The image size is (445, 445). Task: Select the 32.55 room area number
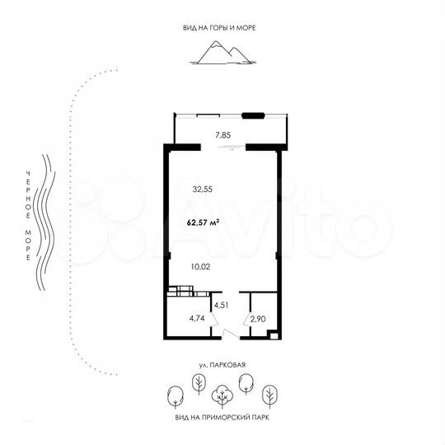point(203,189)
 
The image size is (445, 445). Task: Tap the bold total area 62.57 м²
point(203,221)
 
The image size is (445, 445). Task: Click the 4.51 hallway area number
point(222,305)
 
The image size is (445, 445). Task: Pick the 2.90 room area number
point(257,317)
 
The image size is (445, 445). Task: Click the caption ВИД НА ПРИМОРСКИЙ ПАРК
point(222,417)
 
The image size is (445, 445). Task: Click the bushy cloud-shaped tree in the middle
point(222,396)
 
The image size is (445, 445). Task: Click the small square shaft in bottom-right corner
point(272,334)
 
